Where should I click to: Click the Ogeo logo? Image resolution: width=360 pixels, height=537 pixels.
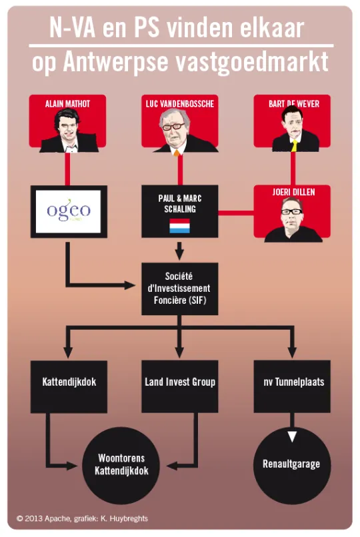click(x=69, y=210)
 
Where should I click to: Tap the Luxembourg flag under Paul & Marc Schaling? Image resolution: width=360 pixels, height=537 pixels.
click(x=179, y=226)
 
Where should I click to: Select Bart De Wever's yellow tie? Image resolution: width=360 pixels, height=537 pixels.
click(x=294, y=145)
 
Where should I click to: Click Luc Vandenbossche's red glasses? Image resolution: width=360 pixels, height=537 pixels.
click(x=173, y=127)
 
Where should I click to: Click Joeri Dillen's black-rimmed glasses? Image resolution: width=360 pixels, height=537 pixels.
click(x=291, y=211)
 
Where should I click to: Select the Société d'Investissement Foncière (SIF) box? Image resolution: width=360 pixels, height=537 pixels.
click(x=180, y=288)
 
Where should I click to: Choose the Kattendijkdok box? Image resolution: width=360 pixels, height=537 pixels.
click(x=69, y=386)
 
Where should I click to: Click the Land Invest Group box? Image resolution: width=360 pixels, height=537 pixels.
click(x=180, y=386)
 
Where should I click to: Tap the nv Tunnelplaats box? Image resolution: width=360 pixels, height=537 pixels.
click(x=292, y=386)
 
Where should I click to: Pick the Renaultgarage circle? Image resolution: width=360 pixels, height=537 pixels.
click(x=292, y=465)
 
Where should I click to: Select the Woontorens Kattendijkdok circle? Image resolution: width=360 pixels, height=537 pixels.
click(x=121, y=465)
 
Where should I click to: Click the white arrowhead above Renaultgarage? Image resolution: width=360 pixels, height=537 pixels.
click(x=292, y=436)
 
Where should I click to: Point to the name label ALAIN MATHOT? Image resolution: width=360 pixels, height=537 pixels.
click(x=67, y=103)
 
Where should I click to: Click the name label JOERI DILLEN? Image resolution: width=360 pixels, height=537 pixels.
click(x=293, y=192)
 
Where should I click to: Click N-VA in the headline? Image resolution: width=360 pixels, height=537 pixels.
click(x=72, y=28)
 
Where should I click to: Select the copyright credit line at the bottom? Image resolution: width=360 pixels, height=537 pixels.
click(x=82, y=518)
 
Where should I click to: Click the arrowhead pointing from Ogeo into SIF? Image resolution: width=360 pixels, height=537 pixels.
click(x=130, y=285)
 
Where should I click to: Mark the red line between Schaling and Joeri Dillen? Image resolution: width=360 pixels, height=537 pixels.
click(x=236, y=213)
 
